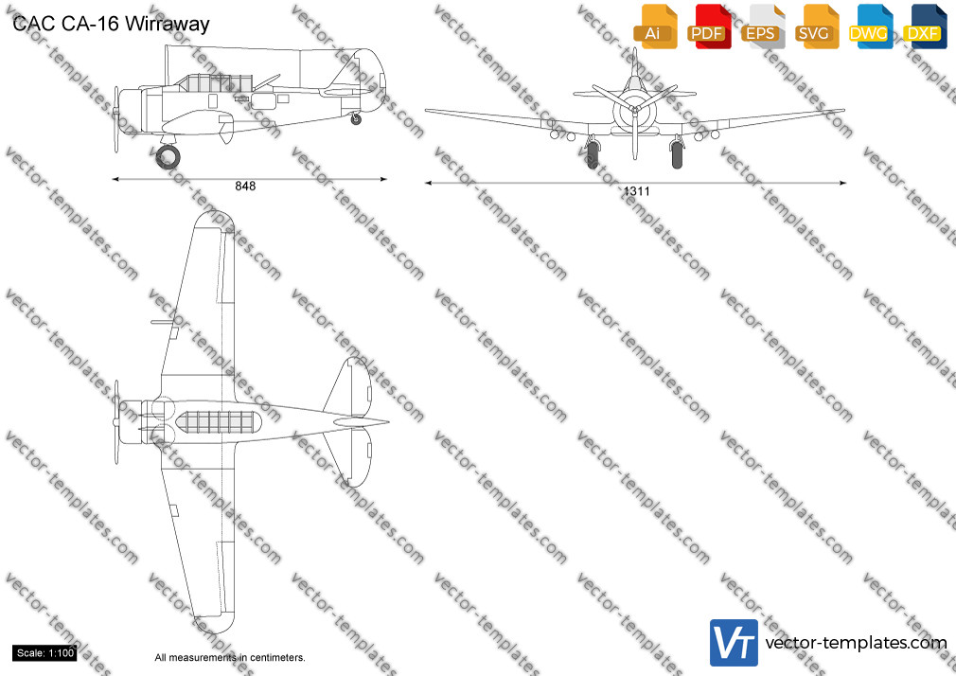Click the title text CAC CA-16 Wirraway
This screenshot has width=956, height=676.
click(111, 24)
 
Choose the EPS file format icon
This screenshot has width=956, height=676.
click(762, 27)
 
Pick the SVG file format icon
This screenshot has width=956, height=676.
click(816, 27)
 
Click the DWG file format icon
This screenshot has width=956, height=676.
click(870, 27)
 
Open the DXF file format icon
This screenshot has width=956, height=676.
click(925, 27)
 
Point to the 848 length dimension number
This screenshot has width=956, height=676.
click(246, 187)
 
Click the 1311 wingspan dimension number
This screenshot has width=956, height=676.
click(636, 191)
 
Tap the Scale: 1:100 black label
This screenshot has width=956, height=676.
click(45, 653)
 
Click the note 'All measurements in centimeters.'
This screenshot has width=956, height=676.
click(230, 658)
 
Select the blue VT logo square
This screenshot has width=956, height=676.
click(734, 643)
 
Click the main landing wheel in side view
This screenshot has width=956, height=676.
click(168, 157)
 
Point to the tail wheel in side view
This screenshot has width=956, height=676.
click(356, 119)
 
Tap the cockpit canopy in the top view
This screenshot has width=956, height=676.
click(219, 422)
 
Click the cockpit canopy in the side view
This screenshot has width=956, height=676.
click(214, 83)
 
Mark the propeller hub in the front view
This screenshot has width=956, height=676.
click(635, 110)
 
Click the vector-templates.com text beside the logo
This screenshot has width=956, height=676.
click(856, 643)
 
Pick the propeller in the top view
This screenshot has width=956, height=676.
click(116, 422)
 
